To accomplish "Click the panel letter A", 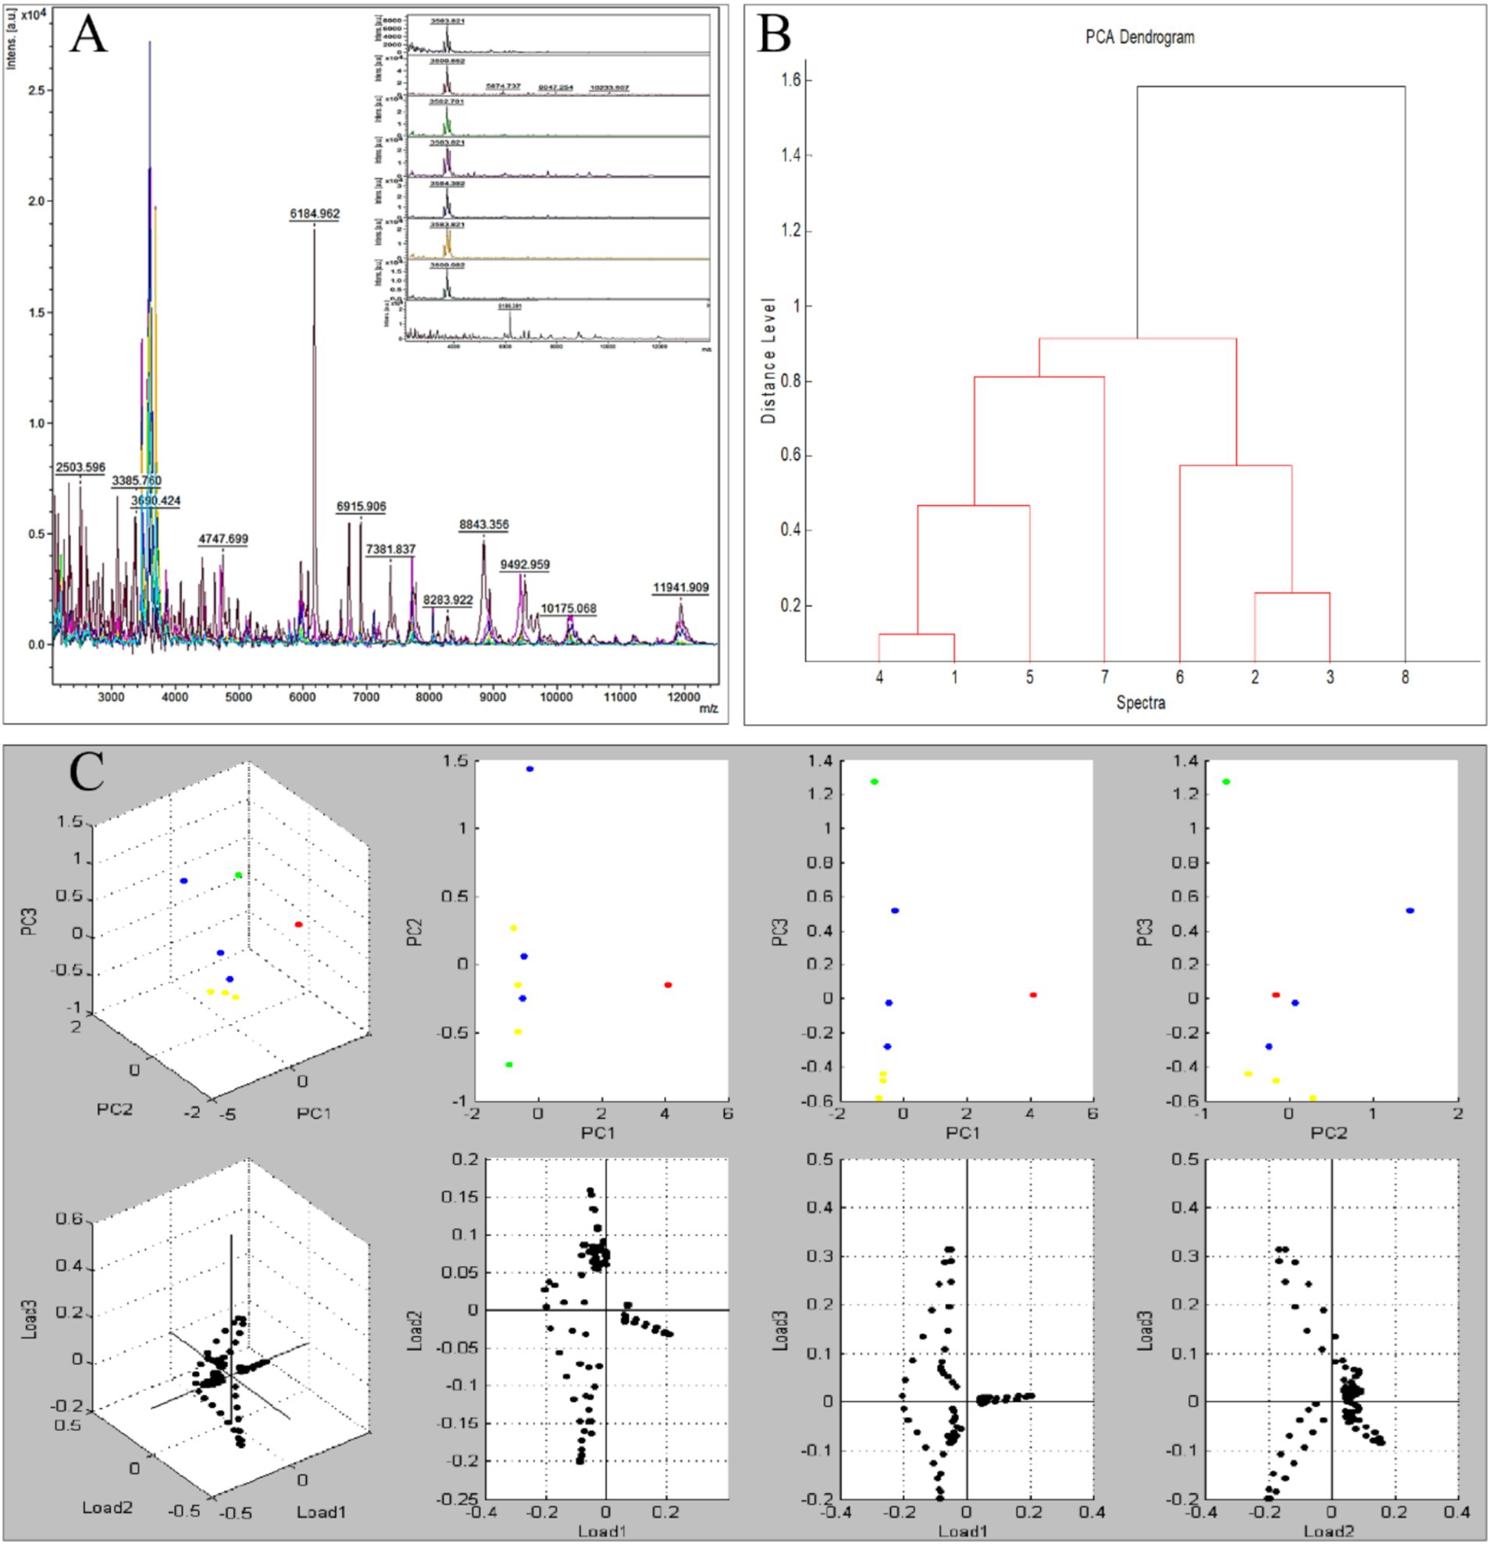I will pos(87,37).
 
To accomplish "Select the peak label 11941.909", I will pos(680,588).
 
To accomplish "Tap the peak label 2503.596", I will pos(80,467).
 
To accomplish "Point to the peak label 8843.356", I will pos(484,525).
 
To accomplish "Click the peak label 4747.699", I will pos(223,539).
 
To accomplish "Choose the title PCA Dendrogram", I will pos(1138,37).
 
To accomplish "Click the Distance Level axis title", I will pos(769,361).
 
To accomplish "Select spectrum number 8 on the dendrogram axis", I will pos(1405,677).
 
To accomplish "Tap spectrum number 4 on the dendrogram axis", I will pos(879,677).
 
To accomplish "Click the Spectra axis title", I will pos(1140,703).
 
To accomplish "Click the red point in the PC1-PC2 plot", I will pos(668,984).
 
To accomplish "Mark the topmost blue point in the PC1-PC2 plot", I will pos(529,769).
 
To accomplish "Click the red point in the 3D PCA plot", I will pos(298,924).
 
